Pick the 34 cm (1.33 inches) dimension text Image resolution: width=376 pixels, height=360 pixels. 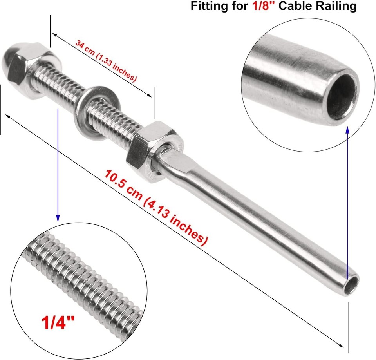[106, 61]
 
